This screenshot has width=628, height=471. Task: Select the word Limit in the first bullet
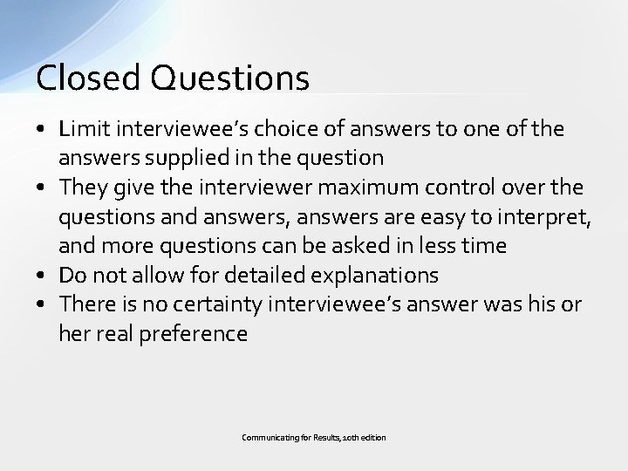click(x=81, y=129)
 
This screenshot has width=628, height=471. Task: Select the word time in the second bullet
click(x=483, y=246)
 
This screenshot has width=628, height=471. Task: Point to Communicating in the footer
click(x=266, y=436)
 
